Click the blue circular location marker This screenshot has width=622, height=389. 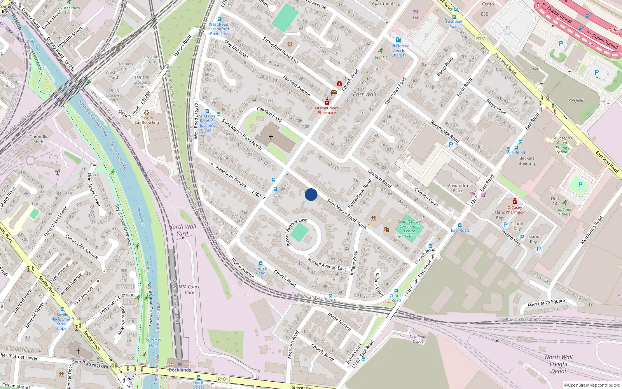click(x=311, y=194)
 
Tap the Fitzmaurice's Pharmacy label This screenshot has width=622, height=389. click(x=327, y=110)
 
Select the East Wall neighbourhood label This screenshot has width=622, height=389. click(x=364, y=94)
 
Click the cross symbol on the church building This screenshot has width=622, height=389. click(x=271, y=137)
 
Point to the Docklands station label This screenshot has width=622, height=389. click(x=180, y=370)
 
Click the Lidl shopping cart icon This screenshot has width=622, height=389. click(x=416, y=11)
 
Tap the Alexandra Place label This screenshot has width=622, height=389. click(x=458, y=188)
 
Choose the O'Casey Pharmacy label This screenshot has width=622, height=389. click(x=514, y=210)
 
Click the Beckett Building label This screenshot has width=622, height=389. click(x=527, y=161)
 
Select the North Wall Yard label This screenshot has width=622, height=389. click(x=182, y=230)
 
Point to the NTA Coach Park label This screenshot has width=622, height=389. click(x=190, y=289)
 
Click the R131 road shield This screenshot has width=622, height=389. click(x=481, y=39)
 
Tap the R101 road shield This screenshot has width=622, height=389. click(x=223, y=379)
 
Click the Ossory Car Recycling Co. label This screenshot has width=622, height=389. click(x=147, y=122)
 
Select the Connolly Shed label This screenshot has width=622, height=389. click(x=38, y=139)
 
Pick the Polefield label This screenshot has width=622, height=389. click(x=576, y=100)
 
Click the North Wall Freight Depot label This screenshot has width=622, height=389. click(x=559, y=364)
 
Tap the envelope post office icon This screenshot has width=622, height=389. click(x=334, y=92)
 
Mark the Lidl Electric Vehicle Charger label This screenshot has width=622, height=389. click(x=399, y=51)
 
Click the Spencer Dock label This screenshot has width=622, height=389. click(x=154, y=342)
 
